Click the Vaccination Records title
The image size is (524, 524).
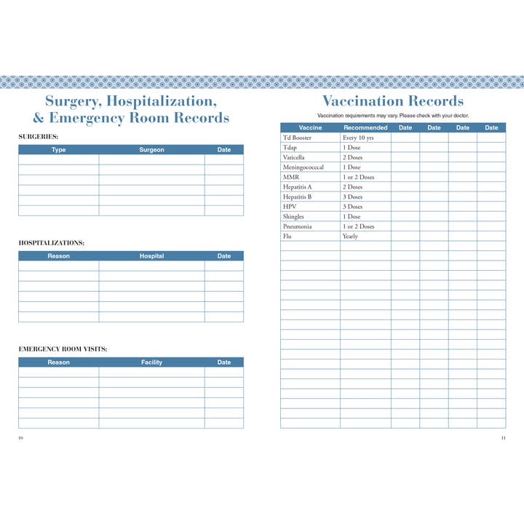(x=392, y=100)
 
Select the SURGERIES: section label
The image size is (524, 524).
(x=39, y=136)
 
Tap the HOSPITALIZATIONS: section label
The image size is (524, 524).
(x=51, y=242)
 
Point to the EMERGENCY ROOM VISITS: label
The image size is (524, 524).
(x=63, y=349)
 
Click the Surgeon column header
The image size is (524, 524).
(x=151, y=150)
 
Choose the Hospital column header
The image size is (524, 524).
(x=151, y=256)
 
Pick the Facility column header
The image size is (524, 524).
(x=151, y=362)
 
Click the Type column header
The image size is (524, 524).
(x=59, y=150)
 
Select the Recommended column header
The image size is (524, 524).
(x=365, y=128)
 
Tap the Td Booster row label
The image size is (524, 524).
(x=297, y=138)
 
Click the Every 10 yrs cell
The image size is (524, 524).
(x=358, y=138)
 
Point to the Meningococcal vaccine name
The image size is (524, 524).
(x=303, y=167)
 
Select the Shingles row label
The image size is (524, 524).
(x=293, y=216)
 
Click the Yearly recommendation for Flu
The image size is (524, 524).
(x=350, y=236)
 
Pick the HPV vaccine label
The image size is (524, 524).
(x=289, y=207)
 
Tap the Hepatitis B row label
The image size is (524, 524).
(x=297, y=196)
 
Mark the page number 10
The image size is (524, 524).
(x=21, y=437)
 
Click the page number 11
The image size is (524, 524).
(x=503, y=437)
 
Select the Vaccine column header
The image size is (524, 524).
(x=310, y=128)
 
